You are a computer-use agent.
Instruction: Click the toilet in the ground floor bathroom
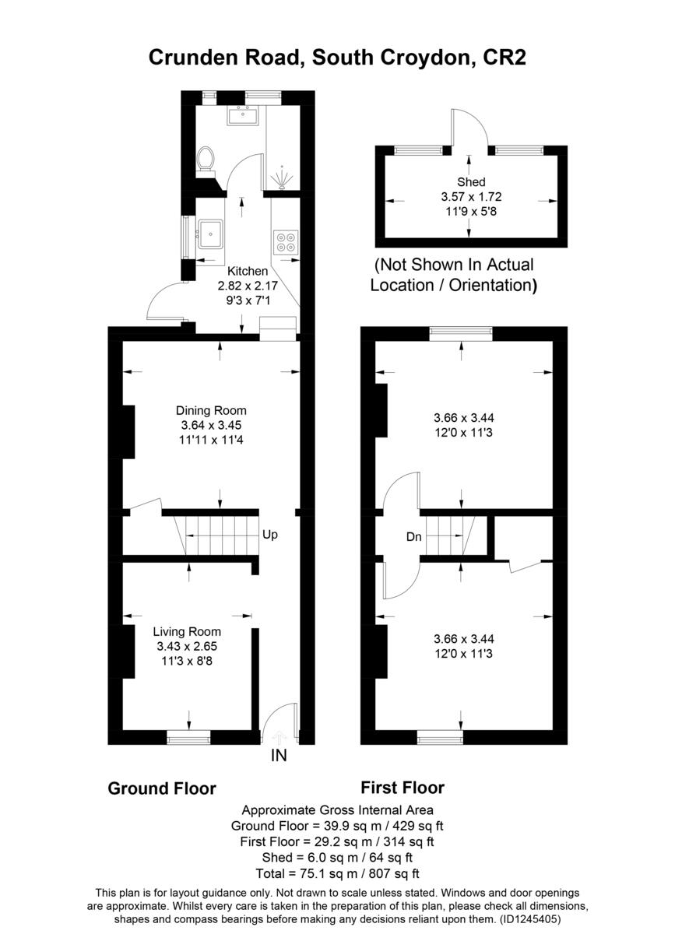coord(206,159)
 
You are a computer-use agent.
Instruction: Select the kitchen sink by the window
coord(211,233)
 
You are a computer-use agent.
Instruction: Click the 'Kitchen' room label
coord(248,271)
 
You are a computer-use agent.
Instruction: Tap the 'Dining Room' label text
coord(211,410)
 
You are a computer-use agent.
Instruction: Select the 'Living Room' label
coord(187,631)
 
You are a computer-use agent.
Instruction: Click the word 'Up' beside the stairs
coord(269,535)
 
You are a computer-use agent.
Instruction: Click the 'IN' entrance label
coord(279,755)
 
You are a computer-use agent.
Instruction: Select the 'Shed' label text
coord(471,182)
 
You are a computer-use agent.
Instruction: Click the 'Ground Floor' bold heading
coord(161,788)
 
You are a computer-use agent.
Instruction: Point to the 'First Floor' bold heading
coord(403,787)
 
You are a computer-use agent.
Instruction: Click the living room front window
coord(189,736)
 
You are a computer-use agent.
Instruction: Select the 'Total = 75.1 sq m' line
coord(337,873)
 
